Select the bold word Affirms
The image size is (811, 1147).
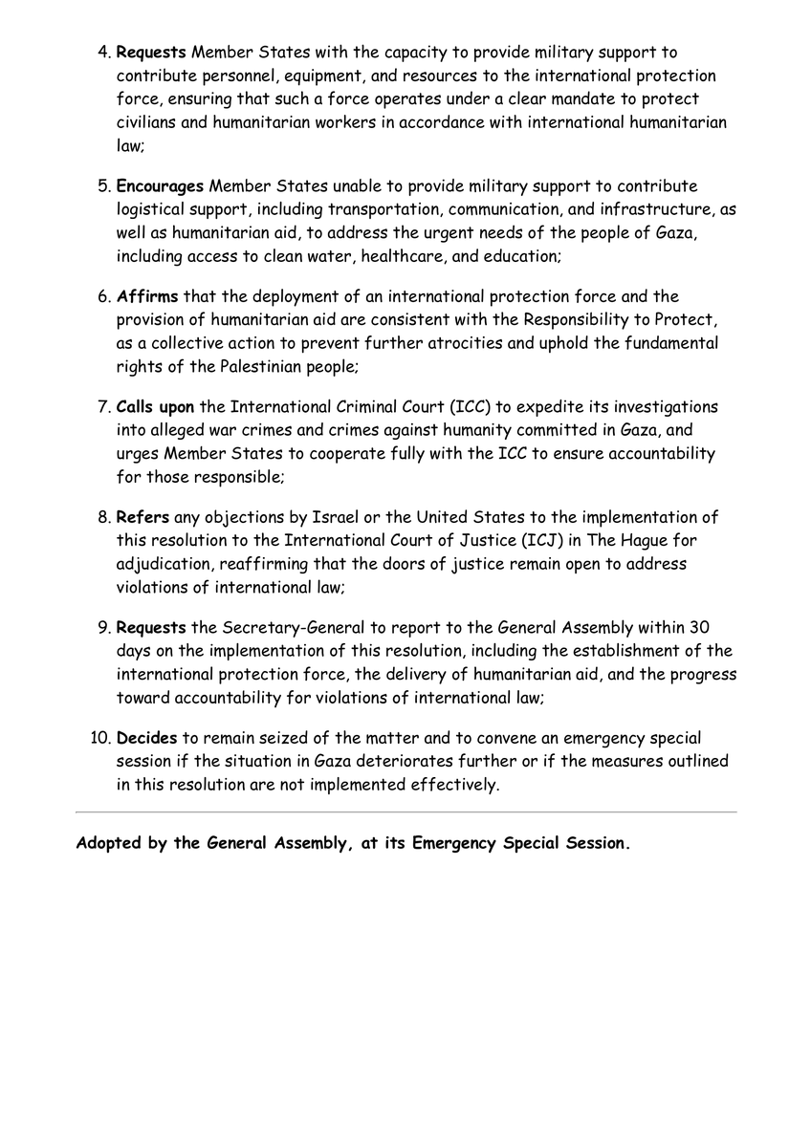tap(147, 297)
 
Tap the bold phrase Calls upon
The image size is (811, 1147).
tap(155, 407)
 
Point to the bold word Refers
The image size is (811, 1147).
tap(143, 518)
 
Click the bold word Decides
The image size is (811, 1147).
tap(147, 739)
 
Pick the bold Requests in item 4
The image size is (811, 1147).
tap(151, 53)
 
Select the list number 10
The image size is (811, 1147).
tap(100, 739)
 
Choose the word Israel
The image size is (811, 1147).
tap(337, 518)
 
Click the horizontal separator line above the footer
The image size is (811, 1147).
tap(405, 812)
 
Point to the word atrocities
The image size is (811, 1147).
tap(425, 343)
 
